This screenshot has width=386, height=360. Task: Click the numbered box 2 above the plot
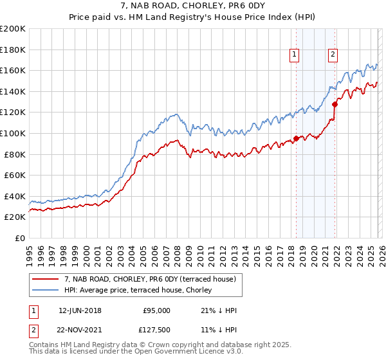click(333, 55)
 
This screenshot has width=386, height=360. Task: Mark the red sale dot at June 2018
click(296, 138)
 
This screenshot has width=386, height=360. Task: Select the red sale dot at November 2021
click(335, 104)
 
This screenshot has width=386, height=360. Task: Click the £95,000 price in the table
click(156, 310)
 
